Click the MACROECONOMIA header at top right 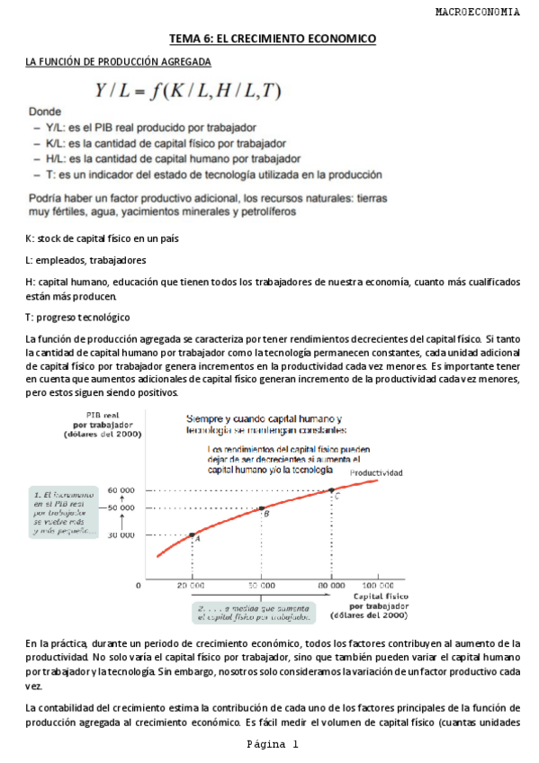(476, 13)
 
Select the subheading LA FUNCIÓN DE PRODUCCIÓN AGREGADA (118, 62)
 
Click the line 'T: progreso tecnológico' (77, 318)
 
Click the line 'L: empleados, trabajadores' (85, 260)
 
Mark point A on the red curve (192, 534)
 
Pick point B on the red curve (261, 509)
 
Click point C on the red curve (331, 490)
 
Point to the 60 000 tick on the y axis (120, 490)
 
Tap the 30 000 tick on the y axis (120, 535)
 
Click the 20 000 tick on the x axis (192, 584)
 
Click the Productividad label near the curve (376, 472)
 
